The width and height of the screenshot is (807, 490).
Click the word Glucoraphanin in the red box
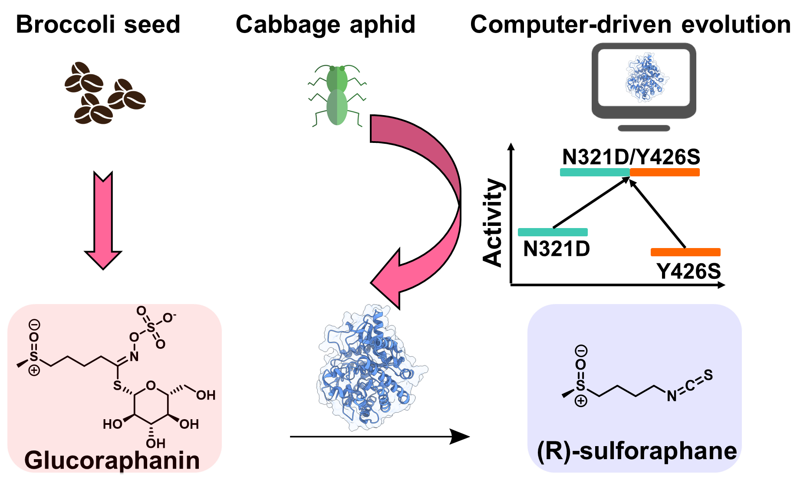[112, 460]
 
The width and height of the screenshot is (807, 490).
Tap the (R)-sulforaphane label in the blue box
[637, 451]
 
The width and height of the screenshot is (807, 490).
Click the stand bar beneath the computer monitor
[644, 128]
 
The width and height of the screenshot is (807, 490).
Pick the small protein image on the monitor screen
[647, 78]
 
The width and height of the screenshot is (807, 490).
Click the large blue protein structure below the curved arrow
[371, 368]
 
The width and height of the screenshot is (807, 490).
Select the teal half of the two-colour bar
[595, 172]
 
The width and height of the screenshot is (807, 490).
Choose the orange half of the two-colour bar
[665, 172]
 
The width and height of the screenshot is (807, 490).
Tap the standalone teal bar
[553, 232]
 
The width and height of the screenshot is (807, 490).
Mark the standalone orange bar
[685, 252]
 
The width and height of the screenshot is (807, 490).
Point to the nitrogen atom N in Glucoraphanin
[134, 357]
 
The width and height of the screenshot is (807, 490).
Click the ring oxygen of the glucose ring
[151, 385]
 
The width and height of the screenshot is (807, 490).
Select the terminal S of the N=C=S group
[708, 375]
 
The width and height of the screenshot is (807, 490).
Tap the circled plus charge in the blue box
[581, 401]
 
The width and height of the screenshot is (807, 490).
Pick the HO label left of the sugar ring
[112, 424]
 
